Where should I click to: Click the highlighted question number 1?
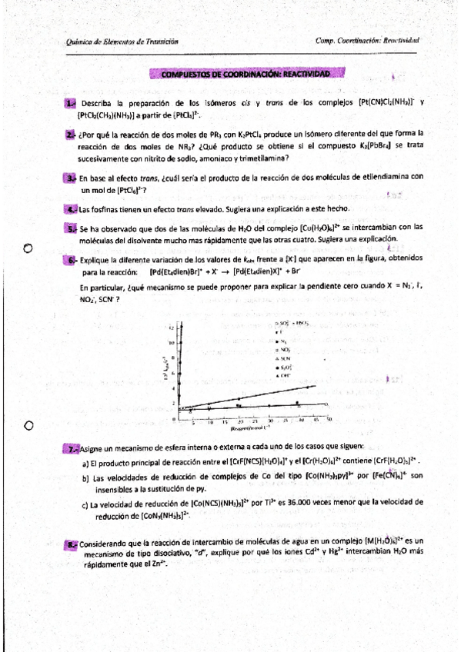[70, 102]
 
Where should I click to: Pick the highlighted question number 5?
[72, 228]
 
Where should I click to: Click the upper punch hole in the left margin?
[28, 248]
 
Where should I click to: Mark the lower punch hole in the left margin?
[28, 426]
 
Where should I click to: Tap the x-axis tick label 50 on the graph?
[329, 421]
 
